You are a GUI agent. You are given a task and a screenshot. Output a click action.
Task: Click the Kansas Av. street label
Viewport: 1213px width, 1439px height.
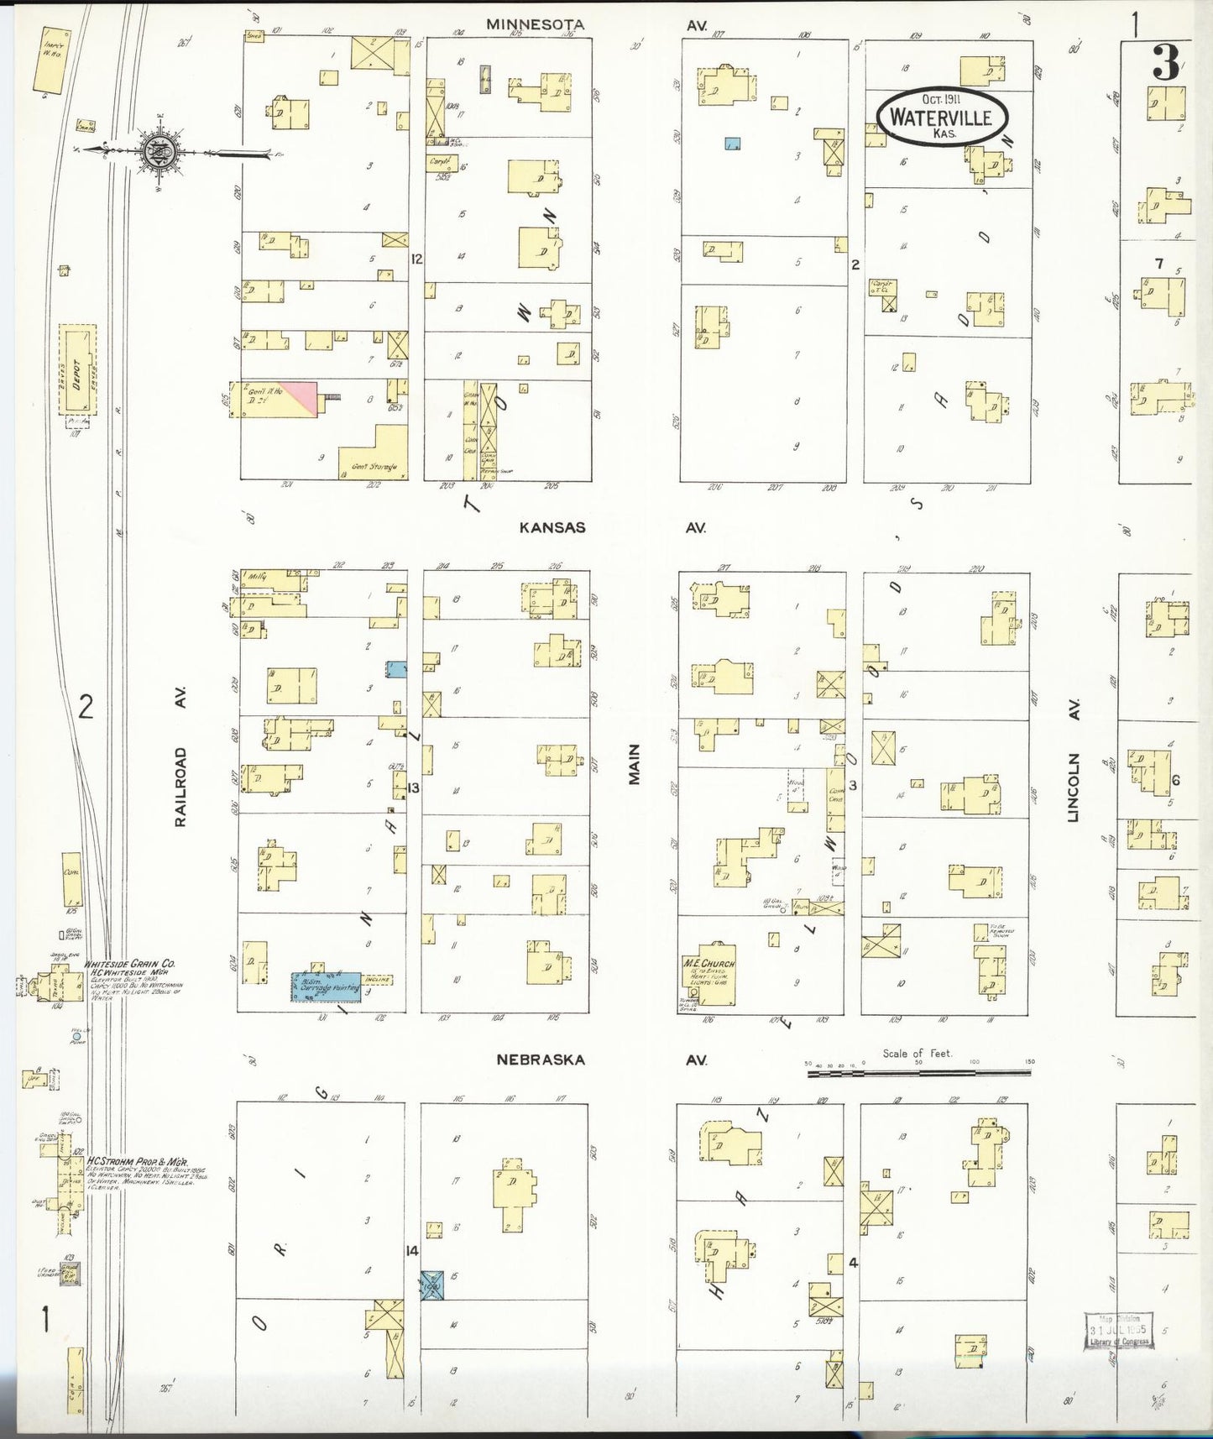pyautogui.click(x=552, y=527)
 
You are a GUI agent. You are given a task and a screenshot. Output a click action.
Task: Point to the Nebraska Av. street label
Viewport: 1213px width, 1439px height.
pyautogui.click(x=540, y=1060)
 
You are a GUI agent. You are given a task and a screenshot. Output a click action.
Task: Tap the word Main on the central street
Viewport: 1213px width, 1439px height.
pyautogui.click(x=634, y=764)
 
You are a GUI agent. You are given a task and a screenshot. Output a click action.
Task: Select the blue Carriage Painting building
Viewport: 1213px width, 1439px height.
pyautogui.click(x=327, y=986)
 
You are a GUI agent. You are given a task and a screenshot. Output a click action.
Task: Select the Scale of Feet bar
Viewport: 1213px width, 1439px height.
pyautogui.click(x=919, y=1073)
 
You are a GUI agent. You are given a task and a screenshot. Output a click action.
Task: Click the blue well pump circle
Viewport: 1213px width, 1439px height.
pyautogui.click(x=77, y=1037)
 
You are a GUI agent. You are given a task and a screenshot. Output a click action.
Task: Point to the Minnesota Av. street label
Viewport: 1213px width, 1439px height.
pyautogui.click(x=535, y=25)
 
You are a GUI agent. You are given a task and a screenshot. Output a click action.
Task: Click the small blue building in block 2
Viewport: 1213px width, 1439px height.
pyautogui.click(x=733, y=144)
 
